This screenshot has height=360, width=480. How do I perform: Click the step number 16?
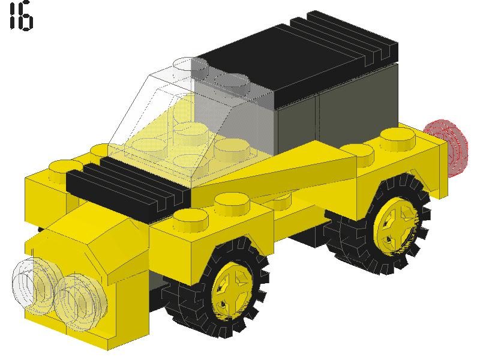[x=21, y=17]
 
